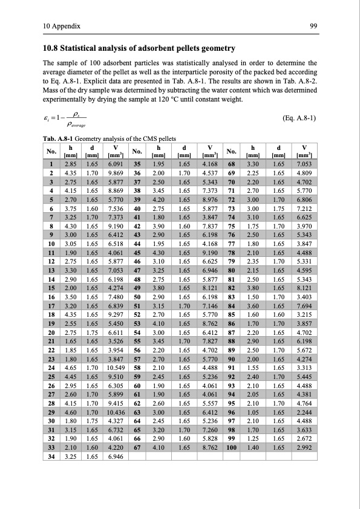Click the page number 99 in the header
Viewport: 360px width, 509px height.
[314, 26]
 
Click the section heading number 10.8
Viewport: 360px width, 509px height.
[51, 48]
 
